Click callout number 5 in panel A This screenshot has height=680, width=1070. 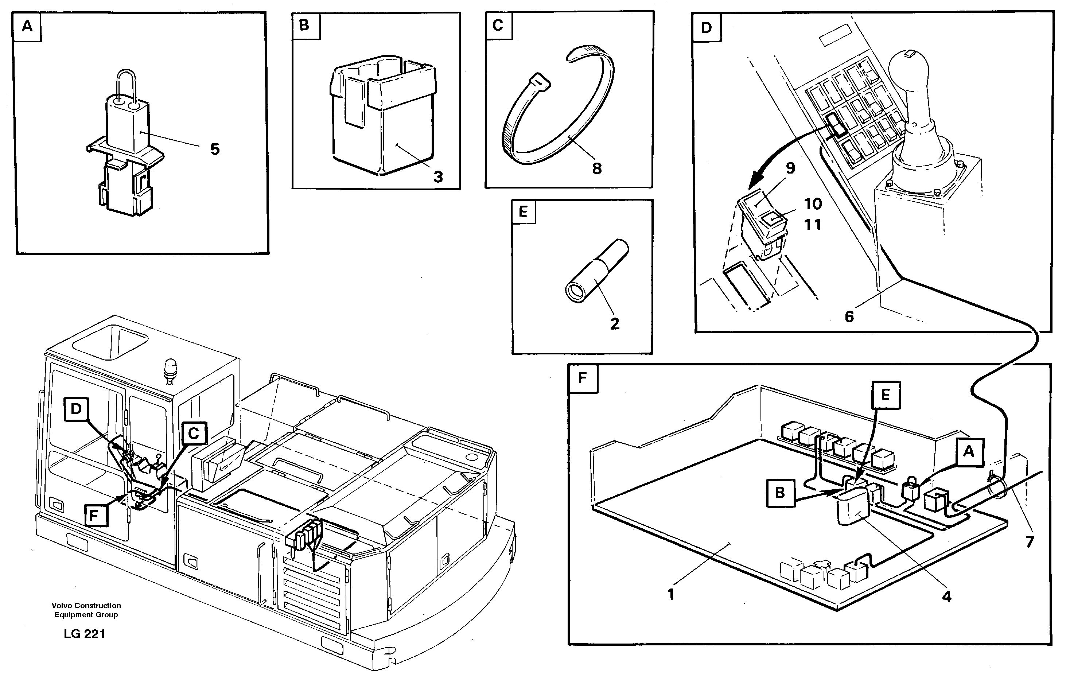(x=215, y=149)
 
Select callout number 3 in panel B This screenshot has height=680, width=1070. (x=438, y=177)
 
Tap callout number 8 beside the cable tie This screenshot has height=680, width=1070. (x=597, y=168)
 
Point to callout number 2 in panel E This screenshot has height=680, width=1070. (x=615, y=323)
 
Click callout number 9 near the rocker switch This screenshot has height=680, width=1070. (x=790, y=168)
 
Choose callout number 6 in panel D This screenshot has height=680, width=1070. (x=849, y=317)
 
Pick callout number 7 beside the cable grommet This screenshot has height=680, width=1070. (x=1030, y=541)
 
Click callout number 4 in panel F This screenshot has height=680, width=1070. (x=947, y=597)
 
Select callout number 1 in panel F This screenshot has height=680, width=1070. (x=671, y=594)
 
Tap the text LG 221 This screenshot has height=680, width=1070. (x=85, y=634)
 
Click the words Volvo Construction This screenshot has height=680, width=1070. (x=86, y=605)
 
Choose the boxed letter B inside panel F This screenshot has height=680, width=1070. (x=780, y=493)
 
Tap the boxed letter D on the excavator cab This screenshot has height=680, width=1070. (x=76, y=409)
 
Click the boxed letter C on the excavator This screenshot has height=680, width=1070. (x=194, y=433)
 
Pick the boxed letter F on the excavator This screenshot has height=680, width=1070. (x=93, y=516)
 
